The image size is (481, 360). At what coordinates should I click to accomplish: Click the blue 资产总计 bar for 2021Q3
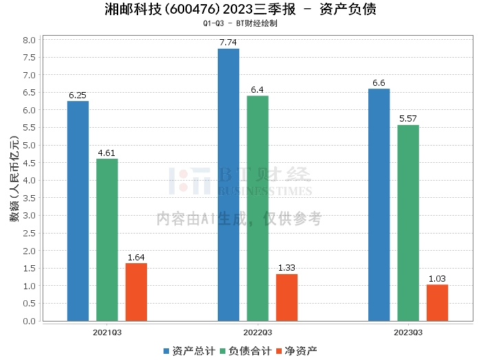point(78,211)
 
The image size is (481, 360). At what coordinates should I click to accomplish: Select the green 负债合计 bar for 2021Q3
point(107,240)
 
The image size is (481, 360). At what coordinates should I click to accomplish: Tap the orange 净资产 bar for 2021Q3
point(136,292)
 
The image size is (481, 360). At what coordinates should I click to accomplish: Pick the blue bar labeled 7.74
point(228,185)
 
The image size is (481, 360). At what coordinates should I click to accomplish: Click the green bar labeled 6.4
point(258,208)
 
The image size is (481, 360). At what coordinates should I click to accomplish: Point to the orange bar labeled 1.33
point(287,297)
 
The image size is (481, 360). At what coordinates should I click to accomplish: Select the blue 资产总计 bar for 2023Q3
point(379,205)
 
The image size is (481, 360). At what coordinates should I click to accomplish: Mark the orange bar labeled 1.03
point(437,303)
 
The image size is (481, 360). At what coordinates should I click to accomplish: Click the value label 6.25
point(78,95)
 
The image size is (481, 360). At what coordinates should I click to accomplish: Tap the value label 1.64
point(136,258)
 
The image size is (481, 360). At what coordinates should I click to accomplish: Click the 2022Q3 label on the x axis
point(258,332)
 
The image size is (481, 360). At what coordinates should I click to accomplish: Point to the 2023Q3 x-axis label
point(408,332)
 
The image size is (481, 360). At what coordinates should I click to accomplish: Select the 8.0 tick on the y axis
point(29,40)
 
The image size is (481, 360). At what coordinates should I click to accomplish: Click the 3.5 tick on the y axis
point(29,198)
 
